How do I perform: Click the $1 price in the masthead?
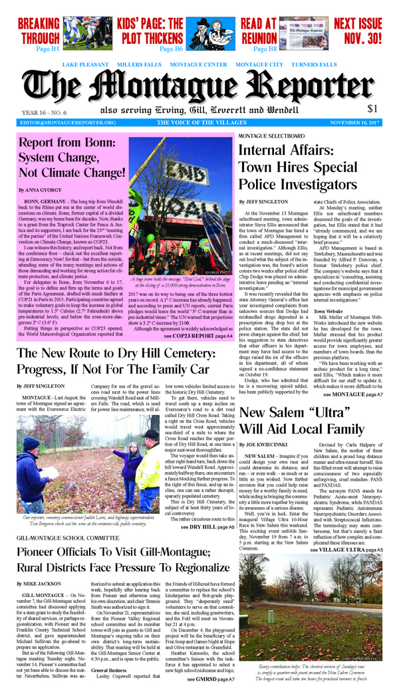tap(372, 108)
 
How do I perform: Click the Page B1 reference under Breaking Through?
tap(48, 50)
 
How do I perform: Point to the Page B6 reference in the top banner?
tap(171, 50)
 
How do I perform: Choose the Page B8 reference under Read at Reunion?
tap(264, 50)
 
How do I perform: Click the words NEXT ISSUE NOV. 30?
tap(358, 31)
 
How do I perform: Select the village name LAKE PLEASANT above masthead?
tap(86, 64)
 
